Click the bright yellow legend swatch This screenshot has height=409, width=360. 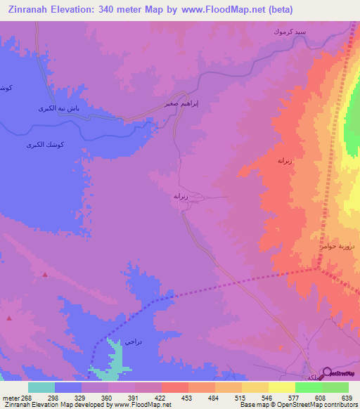(x=281, y=387)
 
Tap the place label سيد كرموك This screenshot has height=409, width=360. (x=290, y=33)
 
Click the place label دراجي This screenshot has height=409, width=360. (x=134, y=342)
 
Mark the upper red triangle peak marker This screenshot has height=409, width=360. (x=45, y=275)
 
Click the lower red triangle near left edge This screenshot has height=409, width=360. (x=10, y=318)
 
